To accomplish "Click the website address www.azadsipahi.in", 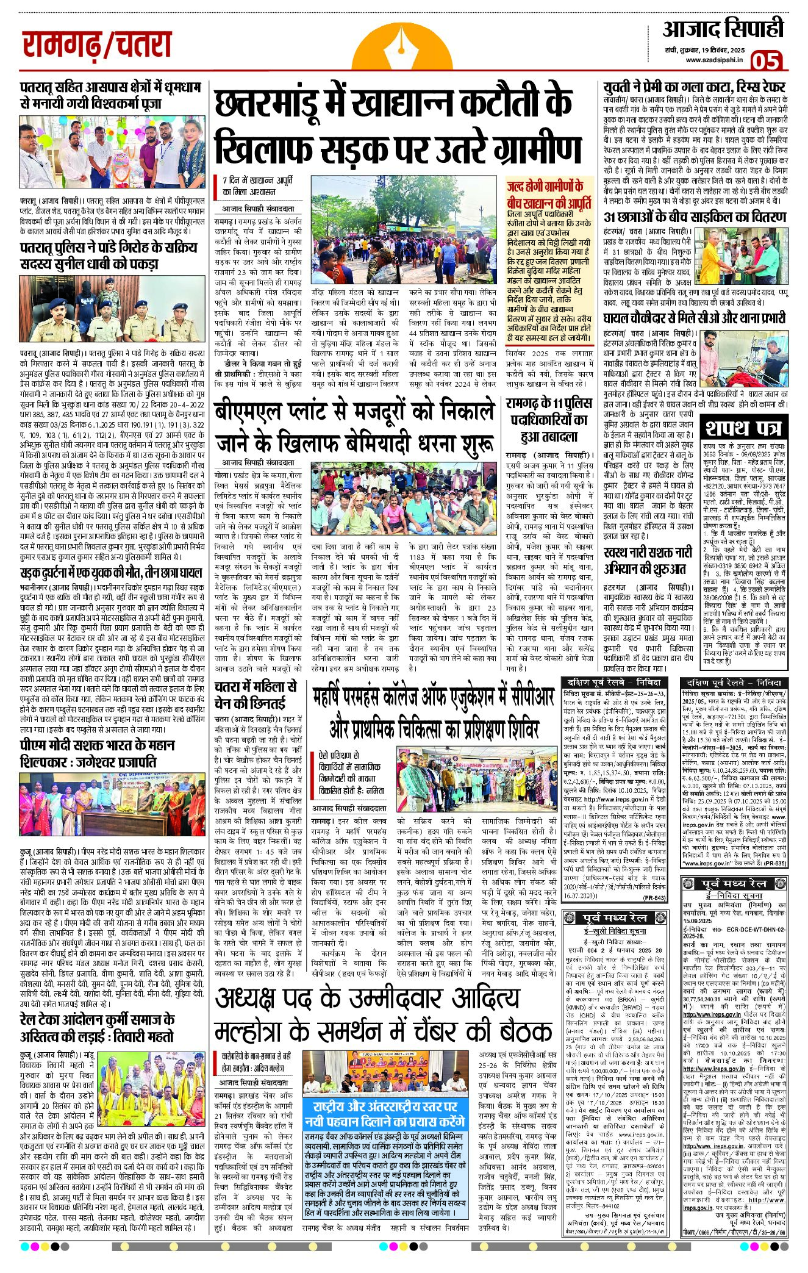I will (713, 59).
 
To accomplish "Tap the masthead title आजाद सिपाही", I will (723, 29).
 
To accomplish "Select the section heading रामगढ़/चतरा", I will (97, 46).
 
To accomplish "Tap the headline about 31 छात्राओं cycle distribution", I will (695, 217).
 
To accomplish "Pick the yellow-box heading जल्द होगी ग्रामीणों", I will (549, 195).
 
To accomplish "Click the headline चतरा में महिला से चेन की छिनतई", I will (256, 694).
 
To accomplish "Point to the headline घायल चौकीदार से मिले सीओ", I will (695, 318).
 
